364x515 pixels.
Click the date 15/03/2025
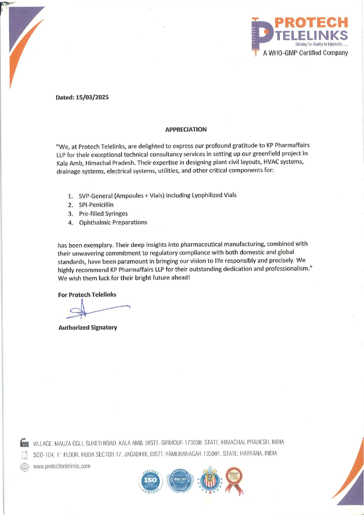(92, 97)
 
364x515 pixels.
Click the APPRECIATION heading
(186, 130)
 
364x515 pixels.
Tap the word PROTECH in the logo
(311, 23)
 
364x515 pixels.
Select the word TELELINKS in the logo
(311, 35)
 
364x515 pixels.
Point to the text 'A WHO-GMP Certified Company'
(305, 53)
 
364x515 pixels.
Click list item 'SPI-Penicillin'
(96, 205)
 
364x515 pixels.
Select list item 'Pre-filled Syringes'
(103, 214)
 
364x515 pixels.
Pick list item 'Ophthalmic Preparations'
(113, 223)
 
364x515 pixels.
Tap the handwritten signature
(94, 309)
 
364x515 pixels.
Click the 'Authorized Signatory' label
(88, 328)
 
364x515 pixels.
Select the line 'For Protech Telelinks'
(87, 295)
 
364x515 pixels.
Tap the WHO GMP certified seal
(180, 480)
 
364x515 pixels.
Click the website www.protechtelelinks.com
(62, 466)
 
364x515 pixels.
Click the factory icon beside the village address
(24, 442)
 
